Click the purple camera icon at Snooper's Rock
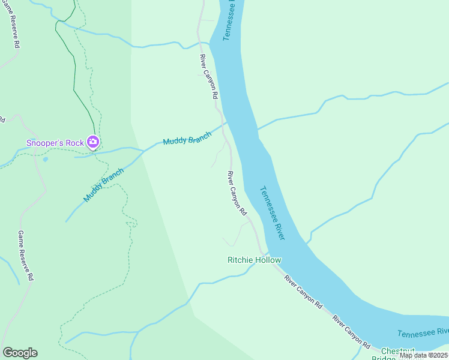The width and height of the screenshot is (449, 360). (x=93, y=142)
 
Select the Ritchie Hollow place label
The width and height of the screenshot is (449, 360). (x=255, y=260)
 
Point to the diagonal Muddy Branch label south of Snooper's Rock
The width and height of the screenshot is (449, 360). (x=103, y=185)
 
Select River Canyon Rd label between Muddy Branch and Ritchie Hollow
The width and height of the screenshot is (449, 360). (x=237, y=193)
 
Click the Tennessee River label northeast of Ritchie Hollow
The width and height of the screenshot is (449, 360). (x=272, y=213)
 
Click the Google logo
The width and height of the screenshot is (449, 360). (x=20, y=353)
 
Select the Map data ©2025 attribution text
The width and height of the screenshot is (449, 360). (x=423, y=355)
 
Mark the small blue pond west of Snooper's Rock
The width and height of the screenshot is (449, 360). (x=45, y=160)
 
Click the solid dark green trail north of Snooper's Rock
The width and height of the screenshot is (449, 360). (x=74, y=72)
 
